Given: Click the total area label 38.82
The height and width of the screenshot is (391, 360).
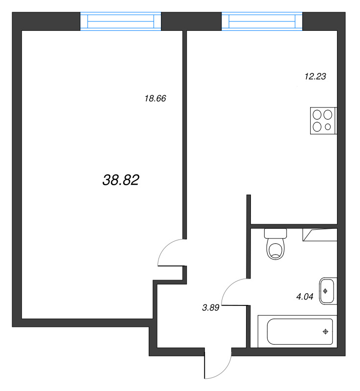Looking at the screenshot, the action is pyautogui.click(x=121, y=180).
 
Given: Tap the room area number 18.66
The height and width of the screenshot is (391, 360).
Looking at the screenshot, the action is pyautogui.click(x=155, y=99).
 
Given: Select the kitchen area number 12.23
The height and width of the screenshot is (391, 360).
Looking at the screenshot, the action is pyautogui.click(x=315, y=76).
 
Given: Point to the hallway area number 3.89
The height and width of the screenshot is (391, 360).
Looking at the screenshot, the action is pyautogui.click(x=210, y=308).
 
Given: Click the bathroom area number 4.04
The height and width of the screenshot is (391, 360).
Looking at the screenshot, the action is pyautogui.click(x=305, y=297).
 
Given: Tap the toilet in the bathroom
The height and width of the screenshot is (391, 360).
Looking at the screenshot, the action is pyautogui.click(x=275, y=244).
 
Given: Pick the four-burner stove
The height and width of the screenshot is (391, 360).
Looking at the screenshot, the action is pyautogui.click(x=324, y=121).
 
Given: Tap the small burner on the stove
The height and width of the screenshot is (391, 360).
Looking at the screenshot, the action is pyautogui.click(x=328, y=127).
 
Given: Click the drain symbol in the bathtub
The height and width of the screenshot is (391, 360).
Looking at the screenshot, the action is pyautogui.click(x=325, y=332).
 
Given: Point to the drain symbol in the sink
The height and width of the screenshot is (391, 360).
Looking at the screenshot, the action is pyautogui.click(x=325, y=291).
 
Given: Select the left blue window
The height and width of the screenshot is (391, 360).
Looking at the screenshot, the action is pyautogui.click(x=120, y=21).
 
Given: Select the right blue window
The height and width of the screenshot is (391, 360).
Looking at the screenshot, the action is pyautogui.click(x=262, y=21).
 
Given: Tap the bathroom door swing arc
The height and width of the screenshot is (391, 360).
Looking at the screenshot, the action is pyautogui.click(x=229, y=286).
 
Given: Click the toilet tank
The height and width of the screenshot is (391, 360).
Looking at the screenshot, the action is pyautogui.click(x=275, y=233).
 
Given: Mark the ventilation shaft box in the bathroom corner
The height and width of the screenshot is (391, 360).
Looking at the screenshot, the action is pyautogui.click(x=320, y=235).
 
